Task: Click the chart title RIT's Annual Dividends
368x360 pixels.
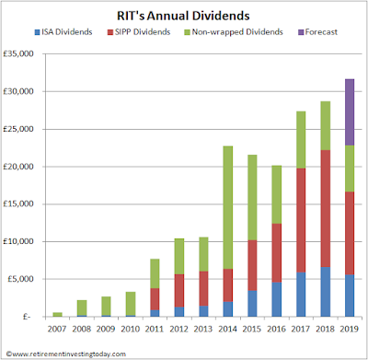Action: click(x=183, y=16)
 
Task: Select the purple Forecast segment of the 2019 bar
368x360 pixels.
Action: click(x=350, y=112)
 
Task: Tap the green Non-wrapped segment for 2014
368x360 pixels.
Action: click(x=228, y=207)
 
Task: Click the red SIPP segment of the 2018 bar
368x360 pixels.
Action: click(x=326, y=209)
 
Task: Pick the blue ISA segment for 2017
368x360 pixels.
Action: click(x=301, y=295)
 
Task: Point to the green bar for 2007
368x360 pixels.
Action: click(x=57, y=314)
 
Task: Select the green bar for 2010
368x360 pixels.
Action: click(x=131, y=304)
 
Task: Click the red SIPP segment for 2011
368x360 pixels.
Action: click(x=155, y=299)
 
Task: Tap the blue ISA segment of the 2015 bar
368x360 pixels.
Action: click(x=252, y=304)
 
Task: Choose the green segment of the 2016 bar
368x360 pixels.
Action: click(x=277, y=194)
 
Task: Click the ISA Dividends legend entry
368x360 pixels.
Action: click(x=63, y=32)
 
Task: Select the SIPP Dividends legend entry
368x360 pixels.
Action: click(x=139, y=32)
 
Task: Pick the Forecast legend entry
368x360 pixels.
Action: click(x=317, y=32)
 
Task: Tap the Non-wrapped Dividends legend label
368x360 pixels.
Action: click(x=237, y=32)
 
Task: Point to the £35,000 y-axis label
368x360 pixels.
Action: click(x=18, y=54)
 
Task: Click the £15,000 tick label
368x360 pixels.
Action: click(x=18, y=203)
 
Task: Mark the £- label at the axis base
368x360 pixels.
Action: click(x=27, y=317)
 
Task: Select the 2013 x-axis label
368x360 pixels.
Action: click(x=203, y=329)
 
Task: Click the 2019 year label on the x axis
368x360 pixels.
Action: click(x=350, y=329)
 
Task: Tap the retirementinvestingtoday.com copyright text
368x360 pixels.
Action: click(x=66, y=354)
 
